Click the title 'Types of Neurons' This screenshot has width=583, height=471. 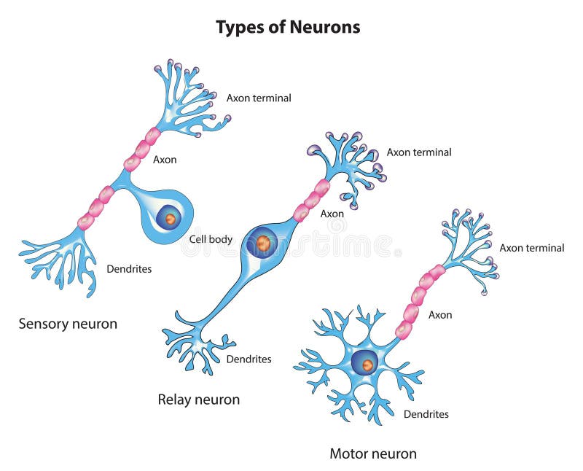click(288, 27)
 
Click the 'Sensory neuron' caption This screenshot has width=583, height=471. click(68, 324)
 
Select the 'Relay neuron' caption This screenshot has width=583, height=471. click(198, 400)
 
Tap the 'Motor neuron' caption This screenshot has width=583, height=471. click(373, 454)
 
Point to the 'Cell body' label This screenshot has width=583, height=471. click(211, 239)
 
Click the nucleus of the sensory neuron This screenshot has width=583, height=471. click(170, 218)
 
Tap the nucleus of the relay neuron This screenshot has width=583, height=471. click(263, 243)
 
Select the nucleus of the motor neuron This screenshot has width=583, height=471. click(367, 363)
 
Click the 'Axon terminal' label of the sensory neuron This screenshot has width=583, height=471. click(259, 98)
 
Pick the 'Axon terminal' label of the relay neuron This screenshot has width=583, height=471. click(419, 152)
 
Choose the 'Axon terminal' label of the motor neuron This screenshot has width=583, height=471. click(531, 248)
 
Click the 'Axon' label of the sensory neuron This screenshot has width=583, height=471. click(165, 159)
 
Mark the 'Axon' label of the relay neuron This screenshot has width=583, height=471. click(332, 214)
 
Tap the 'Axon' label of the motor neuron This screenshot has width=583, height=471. click(440, 315)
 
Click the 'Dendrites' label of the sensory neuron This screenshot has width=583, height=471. click(129, 269)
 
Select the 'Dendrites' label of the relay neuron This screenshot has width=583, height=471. click(249, 359)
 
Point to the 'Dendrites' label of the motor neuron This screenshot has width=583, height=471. click(426, 414)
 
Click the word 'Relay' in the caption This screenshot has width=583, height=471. click(175, 400)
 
